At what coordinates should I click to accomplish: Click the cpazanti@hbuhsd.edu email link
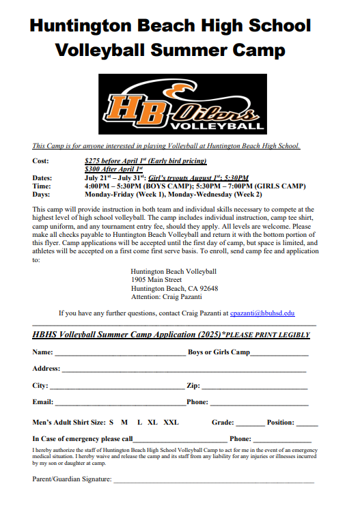click(x=262, y=313)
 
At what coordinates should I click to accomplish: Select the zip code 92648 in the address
click(x=208, y=288)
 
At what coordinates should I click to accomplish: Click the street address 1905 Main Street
click(x=156, y=279)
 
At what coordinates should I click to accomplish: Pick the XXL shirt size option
click(x=171, y=422)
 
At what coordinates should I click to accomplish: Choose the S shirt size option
click(x=111, y=422)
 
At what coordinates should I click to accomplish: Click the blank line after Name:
click(x=120, y=354)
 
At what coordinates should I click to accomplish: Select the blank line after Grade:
click(x=249, y=423)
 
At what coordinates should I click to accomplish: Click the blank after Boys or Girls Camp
click(x=279, y=354)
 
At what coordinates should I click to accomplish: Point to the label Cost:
click(x=41, y=160)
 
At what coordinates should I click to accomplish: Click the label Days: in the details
click(x=42, y=194)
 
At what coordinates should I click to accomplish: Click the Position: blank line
click(x=307, y=423)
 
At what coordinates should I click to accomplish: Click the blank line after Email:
click(x=120, y=403)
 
